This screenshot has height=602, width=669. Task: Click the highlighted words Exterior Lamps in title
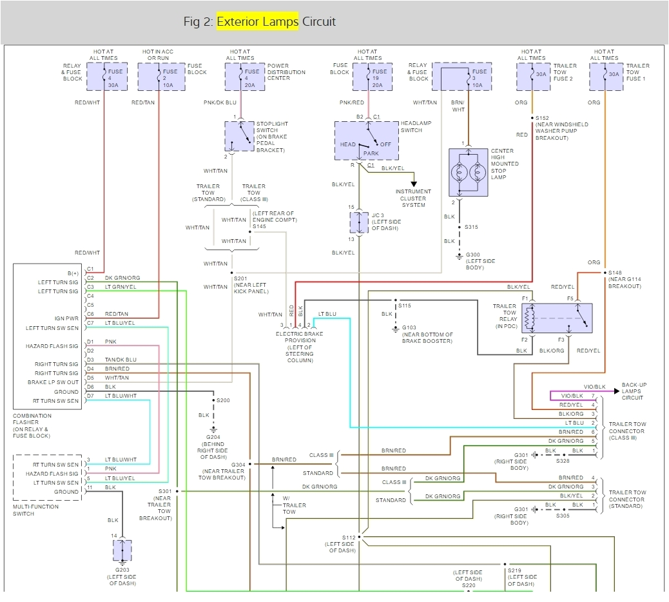click(257, 21)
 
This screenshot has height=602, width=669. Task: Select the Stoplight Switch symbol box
click(240, 136)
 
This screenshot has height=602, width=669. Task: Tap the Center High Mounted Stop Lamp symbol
click(469, 172)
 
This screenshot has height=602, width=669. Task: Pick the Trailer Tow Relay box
click(557, 318)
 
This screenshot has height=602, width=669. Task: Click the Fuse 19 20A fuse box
click(369, 77)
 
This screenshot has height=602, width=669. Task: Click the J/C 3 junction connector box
click(359, 222)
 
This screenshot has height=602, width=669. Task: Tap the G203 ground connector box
click(122, 550)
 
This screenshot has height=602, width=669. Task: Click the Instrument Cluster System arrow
click(413, 184)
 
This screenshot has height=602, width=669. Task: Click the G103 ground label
click(408, 328)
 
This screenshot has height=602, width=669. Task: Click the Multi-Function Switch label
click(35, 510)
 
